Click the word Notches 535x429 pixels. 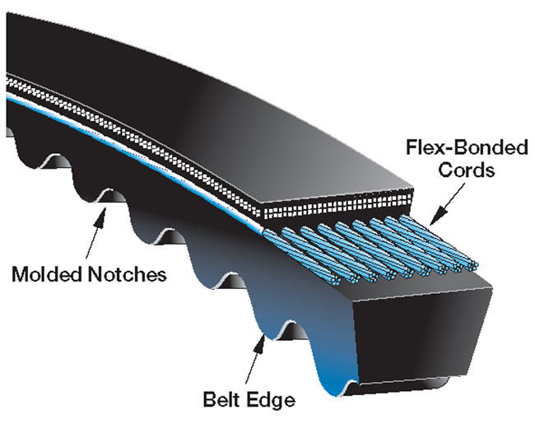click(128, 273)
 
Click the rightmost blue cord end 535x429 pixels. click(476, 263)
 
